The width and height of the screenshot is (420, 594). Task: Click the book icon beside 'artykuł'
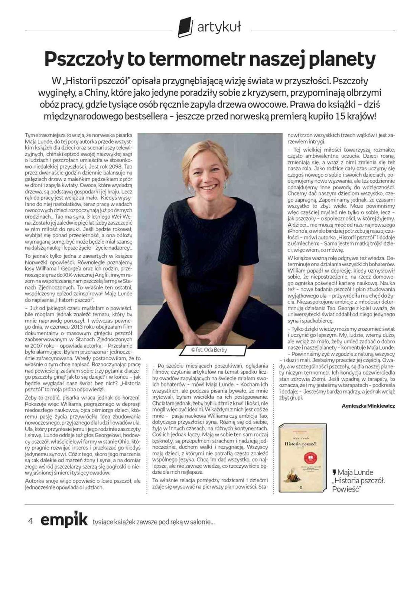tap(185, 27)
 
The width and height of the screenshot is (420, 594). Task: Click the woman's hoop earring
tap(191, 188)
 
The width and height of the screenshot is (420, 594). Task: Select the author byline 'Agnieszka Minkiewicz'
tap(368, 406)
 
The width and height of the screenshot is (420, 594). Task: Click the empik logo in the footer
tap(64, 520)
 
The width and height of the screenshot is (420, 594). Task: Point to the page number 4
tap(30, 521)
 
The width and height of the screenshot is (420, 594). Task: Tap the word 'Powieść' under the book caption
tap(347, 489)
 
